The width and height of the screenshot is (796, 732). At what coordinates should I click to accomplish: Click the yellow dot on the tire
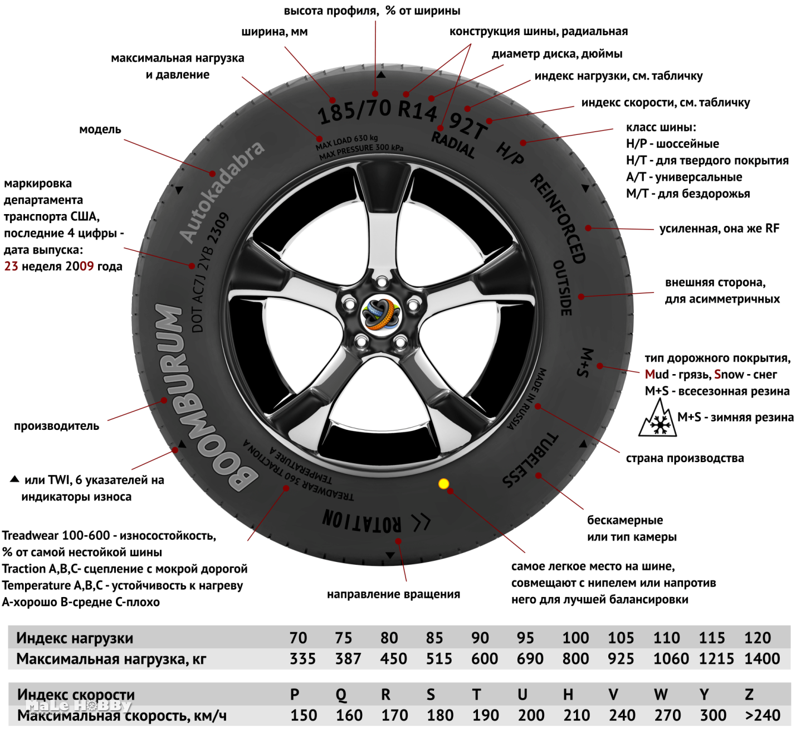(x=443, y=483)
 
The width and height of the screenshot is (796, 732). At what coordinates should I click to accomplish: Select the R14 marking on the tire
(x=417, y=111)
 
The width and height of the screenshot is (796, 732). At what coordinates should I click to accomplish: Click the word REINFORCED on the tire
(x=558, y=218)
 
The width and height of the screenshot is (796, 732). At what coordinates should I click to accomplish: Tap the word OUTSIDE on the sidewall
(x=563, y=288)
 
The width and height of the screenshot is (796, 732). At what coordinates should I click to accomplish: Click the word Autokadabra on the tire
(x=221, y=191)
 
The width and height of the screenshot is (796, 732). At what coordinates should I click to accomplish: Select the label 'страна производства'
(x=685, y=458)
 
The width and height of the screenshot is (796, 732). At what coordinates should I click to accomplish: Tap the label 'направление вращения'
(x=393, y=594)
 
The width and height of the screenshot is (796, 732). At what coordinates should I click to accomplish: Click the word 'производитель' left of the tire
(x=56, y=426)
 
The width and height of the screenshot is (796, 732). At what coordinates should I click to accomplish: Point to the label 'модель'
(x=100, y=129)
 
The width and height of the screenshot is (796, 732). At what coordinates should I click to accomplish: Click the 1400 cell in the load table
(x=762, y=659)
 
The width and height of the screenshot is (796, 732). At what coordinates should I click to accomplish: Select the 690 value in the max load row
(x=530, y=659)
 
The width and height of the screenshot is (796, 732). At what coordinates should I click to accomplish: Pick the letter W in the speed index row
(x=661, y=695)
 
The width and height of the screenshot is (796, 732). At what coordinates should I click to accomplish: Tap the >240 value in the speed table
(x=763, y=715)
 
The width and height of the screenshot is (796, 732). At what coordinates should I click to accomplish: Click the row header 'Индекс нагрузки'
(x=75, y=638)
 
